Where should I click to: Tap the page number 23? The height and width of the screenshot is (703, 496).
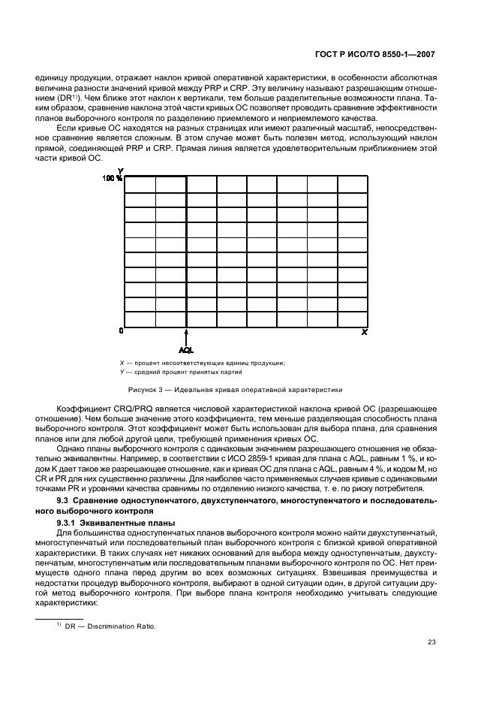[431, 641]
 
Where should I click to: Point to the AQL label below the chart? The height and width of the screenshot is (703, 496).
[186, 349]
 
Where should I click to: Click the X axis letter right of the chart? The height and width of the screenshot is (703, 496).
[365, 331]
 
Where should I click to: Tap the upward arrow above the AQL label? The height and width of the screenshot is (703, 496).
[186, 336]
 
